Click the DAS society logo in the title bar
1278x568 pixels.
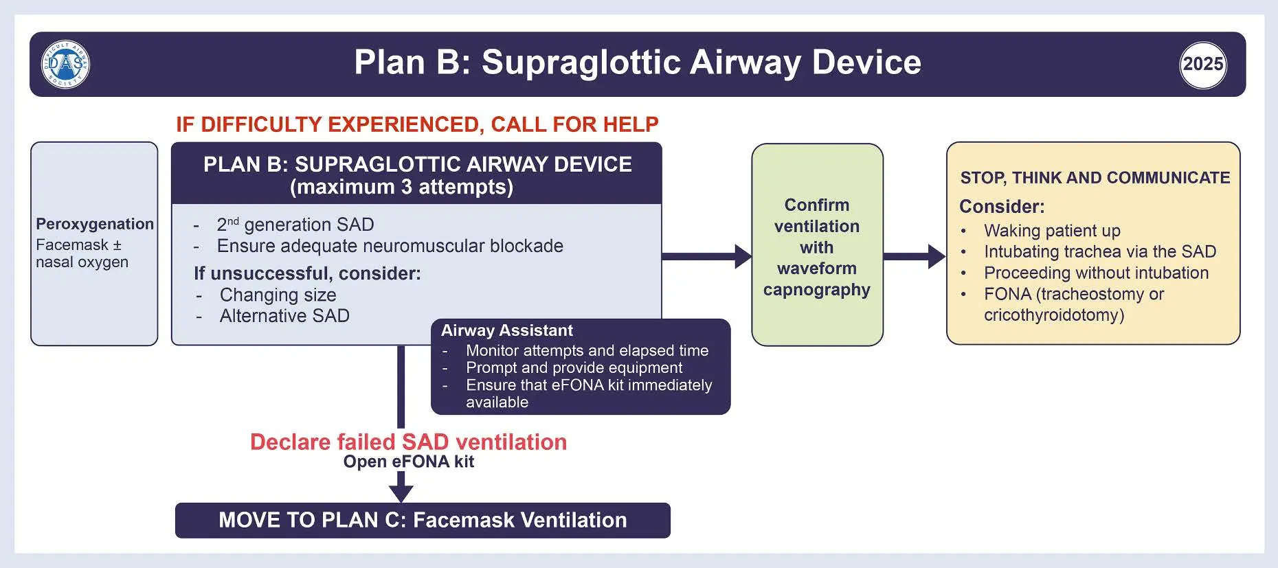tap(66, 65)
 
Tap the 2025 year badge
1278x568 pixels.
tap(1202, 65)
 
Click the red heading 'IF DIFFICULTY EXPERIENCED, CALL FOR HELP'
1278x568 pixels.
tap(417, 124)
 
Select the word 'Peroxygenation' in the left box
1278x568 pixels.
tap(95, 224)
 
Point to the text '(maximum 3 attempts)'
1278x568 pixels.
tap(401, 187)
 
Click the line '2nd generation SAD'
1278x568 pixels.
tap(295, 225)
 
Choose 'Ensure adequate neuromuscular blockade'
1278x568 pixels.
tap(390, 246)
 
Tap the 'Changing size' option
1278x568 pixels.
tap(278, 295)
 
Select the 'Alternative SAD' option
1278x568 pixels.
tap(284, 316)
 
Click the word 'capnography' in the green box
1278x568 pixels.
tap(816, 290)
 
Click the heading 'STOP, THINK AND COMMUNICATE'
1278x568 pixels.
tap(1095, 178)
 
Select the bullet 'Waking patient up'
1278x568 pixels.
tap(1052, 231)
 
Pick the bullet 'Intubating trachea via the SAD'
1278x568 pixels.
tap(1099, 251)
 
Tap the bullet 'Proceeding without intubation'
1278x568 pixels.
tap(1096, 273)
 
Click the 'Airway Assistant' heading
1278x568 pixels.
tap(507, 330)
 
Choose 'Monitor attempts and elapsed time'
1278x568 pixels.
tap(587, 350)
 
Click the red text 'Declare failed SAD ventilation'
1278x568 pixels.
tap(408, 442)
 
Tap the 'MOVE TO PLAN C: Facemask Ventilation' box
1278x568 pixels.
tap(423, 520)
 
